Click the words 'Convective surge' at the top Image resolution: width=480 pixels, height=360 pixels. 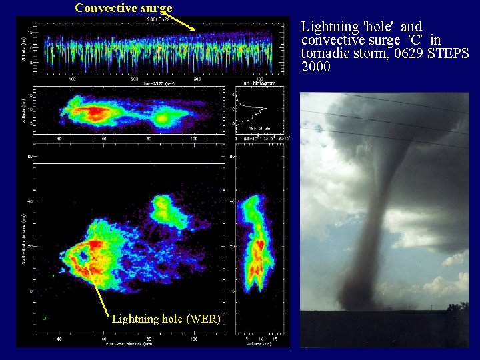click(123, 8)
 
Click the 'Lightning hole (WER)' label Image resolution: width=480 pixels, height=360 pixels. click(166, 319)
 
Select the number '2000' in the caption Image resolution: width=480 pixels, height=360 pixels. click(316, 67)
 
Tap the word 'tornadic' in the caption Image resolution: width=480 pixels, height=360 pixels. click(326, 53)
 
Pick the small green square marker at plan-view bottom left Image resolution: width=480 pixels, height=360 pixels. click(45, 318)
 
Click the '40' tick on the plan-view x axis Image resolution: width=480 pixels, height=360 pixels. click(59, 339)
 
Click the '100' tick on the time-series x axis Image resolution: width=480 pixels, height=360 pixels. click(73, 77)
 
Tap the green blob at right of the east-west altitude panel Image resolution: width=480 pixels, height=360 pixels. click(164, 119)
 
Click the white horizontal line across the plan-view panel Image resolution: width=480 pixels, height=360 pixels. click(127, 163)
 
